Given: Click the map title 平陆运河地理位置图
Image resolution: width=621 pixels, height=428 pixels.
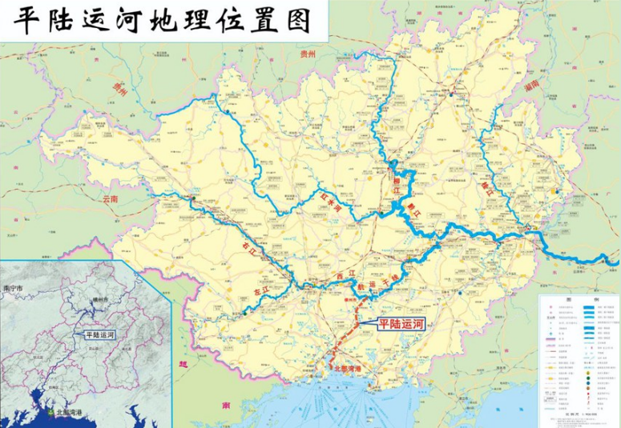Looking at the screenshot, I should (161, 19).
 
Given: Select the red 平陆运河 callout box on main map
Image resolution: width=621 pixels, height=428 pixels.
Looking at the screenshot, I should (401, 324).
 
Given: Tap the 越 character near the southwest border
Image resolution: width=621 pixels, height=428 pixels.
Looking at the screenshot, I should (183, 364).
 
